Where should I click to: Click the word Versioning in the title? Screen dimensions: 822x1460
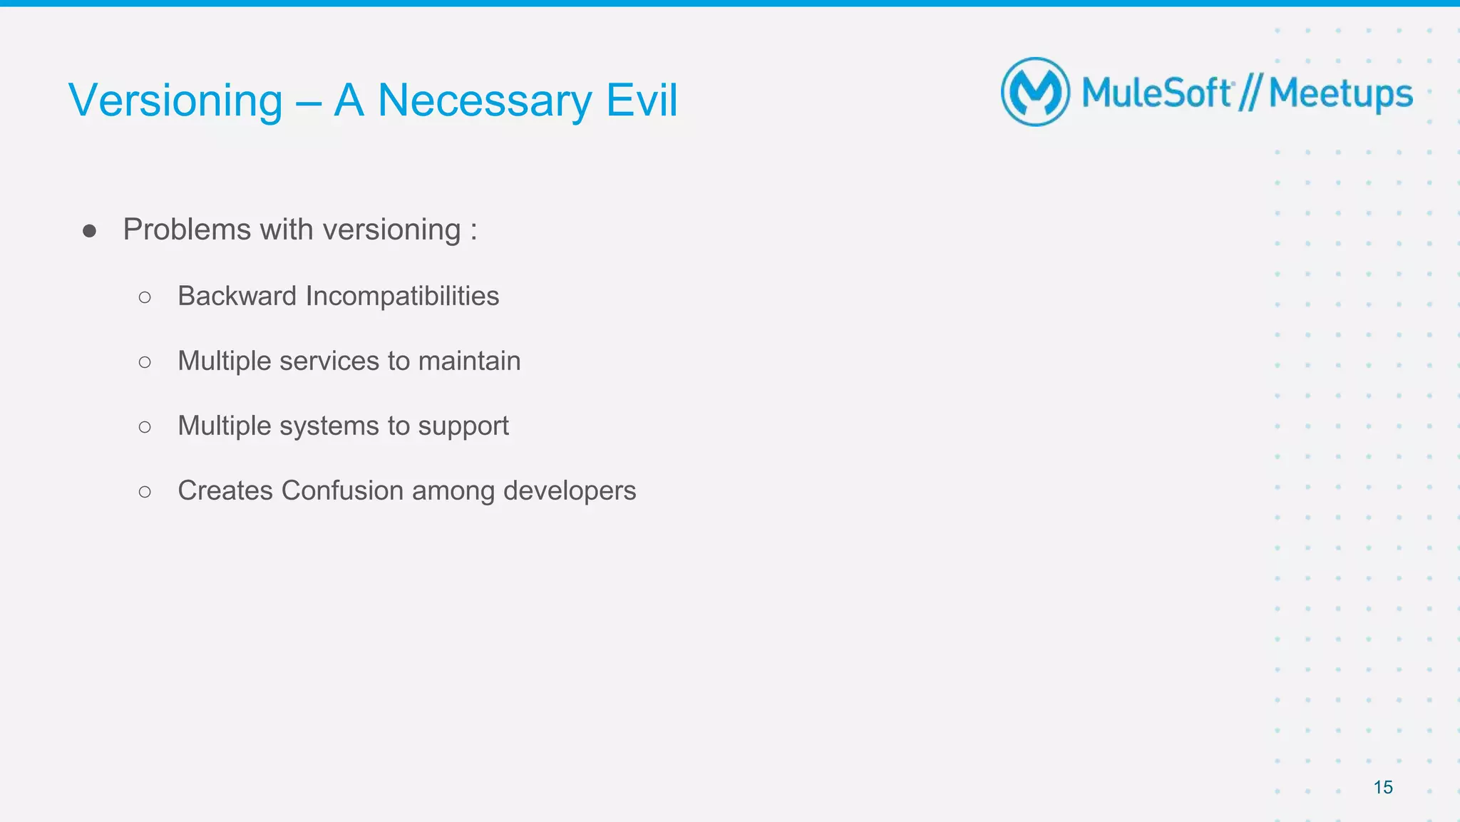pos(175,101)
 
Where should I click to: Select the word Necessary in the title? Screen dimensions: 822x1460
pos(484,101)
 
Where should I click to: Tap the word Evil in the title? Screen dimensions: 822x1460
pos(642,100)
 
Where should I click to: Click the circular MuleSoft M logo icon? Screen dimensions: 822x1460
pos(1035,92)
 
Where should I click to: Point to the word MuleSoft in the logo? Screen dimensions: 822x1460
pos(1156,93)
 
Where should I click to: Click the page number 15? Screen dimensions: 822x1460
pos(1382,787)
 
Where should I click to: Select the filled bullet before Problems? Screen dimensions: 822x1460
pos(89,230)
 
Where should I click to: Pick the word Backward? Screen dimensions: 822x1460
pos(237,296)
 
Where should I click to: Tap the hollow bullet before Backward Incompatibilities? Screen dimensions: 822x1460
pos(145,297)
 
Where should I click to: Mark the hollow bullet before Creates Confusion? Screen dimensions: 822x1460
pos(145,492)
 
